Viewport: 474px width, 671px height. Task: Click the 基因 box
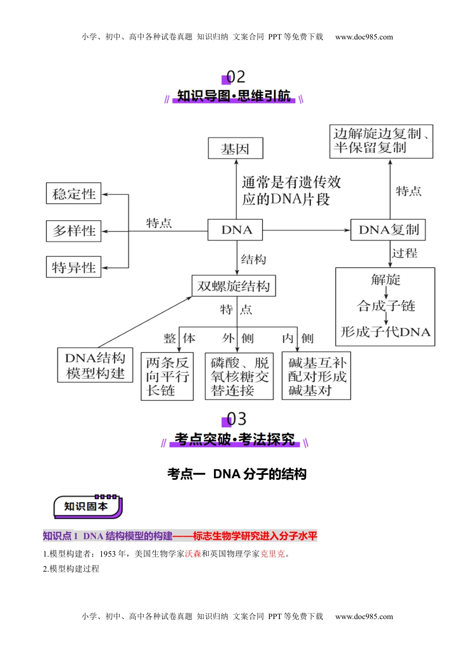pos(235,148)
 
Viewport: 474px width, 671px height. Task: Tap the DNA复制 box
pos(388,230)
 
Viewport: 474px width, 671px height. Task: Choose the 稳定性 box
pos(74,193)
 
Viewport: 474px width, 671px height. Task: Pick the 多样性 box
pos(74,231)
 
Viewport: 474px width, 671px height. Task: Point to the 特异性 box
pos(74,267)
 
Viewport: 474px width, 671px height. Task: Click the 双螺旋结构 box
pos(234,286)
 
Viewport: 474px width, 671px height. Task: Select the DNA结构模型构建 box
pos(95,365)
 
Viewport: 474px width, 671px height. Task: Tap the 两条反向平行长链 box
pos(167,376)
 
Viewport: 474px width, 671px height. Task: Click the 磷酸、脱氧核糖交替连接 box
pos(239,376)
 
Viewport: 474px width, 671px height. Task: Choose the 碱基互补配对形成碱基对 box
pos(316,376)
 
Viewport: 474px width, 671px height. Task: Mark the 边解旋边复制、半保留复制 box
pos(381,141)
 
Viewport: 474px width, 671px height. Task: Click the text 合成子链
pos(386,306)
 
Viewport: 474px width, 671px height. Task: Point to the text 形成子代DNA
pos(385,332)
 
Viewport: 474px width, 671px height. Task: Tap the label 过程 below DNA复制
pos(405,254)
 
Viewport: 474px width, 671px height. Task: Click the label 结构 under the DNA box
pos(253,260)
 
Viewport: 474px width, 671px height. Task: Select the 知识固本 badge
pos(87,507)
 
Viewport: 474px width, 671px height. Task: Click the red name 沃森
pos(193,554)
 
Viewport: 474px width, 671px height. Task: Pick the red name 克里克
pos(272,554)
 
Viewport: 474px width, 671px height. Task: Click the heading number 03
pos(236,419)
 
